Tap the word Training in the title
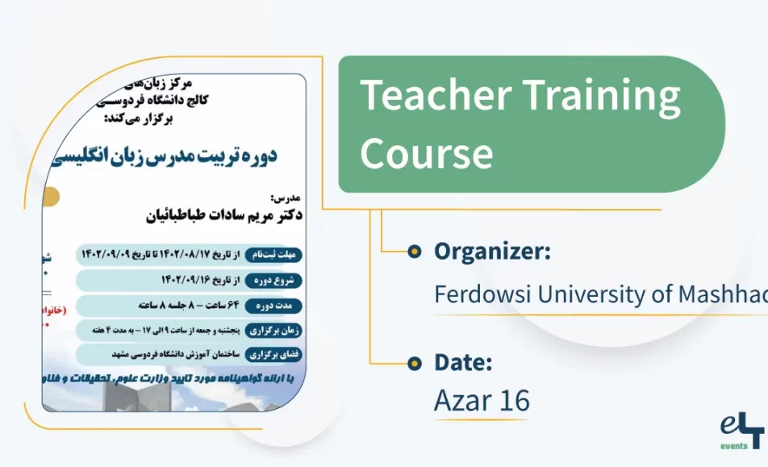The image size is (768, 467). (x=601, y=96)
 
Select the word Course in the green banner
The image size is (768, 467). (x=426, y=152)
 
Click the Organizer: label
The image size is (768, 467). (x=492, y=252)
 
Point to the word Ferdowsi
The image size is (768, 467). (x=482, y=294)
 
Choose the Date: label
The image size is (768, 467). (x=463, y=363)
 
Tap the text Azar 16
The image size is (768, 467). (x=482, y=400)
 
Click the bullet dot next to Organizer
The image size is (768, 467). (x=414, y=252)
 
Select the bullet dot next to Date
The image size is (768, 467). (x=414, y=363)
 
